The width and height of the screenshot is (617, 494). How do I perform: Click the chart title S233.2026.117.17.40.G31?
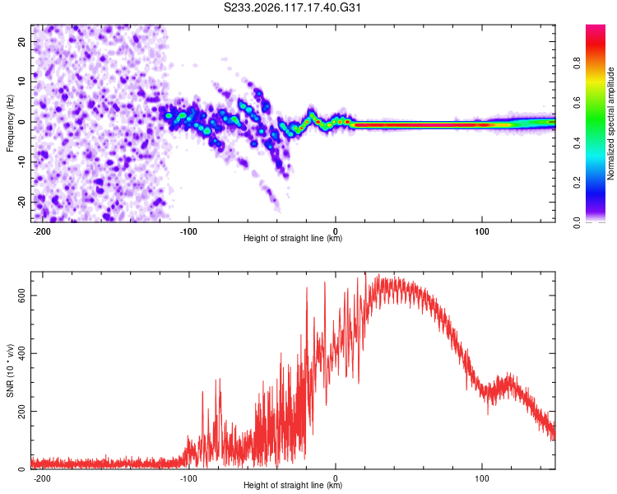pos(292,7)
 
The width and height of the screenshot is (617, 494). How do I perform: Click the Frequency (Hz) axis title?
pos(10,123)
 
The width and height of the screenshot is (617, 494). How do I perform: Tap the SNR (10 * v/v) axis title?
pos(10,370)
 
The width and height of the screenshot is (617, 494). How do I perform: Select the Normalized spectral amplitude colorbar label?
pos(610,123)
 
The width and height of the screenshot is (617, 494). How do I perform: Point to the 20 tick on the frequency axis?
pos(21,42)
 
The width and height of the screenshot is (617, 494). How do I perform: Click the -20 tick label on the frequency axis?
pos(21,202)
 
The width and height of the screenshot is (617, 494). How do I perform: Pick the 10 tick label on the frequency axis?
pos(21,82)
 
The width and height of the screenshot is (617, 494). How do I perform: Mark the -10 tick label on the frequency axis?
pos(21,162)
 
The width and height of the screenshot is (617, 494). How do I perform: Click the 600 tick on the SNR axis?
pos(21,296)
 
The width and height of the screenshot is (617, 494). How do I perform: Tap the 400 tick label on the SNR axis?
pos(21,353)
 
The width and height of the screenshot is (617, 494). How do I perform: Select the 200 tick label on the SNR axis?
pos(21,412)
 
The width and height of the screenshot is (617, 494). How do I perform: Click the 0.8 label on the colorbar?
pos(577,63)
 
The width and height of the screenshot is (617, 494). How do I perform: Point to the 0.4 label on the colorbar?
pos(577,143)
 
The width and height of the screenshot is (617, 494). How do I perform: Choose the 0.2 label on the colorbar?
pos(577,183)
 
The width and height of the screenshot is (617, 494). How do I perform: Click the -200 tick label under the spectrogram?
pos(42,231)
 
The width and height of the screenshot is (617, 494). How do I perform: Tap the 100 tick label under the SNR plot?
pos(481,478)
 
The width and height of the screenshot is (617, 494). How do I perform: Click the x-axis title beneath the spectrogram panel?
pos(293,238)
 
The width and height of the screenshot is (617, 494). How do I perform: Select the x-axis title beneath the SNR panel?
pos(293,485)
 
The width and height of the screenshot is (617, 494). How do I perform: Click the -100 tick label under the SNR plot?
pos(188,478)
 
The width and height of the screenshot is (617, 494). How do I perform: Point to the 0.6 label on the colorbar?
pos(577,103)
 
